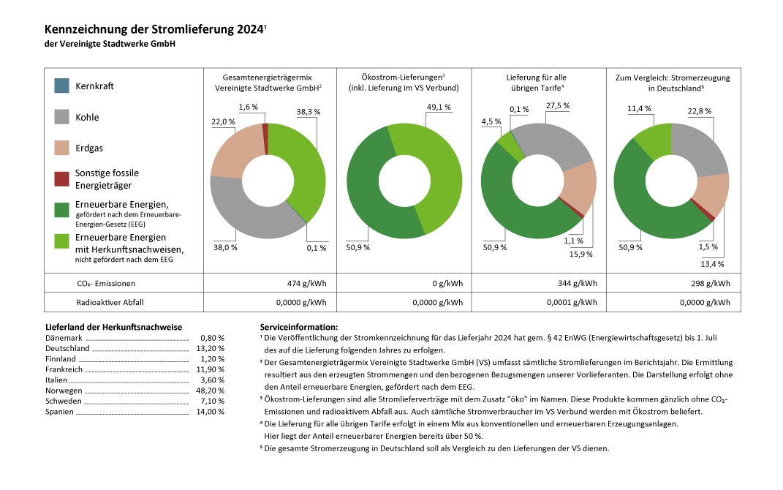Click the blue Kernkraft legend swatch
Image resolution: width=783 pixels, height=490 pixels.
point(62,86)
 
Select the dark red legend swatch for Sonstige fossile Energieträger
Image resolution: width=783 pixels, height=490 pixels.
point(62,178)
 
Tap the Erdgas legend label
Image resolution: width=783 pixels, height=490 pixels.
point(89,148)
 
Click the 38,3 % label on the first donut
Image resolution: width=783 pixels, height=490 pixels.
point(309,112)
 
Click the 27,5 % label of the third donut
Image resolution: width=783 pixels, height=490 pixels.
point(557,106)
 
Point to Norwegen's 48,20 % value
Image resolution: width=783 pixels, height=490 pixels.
point(211,391)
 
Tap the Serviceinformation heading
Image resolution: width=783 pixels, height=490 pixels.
point(299,327)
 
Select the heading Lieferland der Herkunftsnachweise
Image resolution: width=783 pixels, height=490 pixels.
point(113,327)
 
